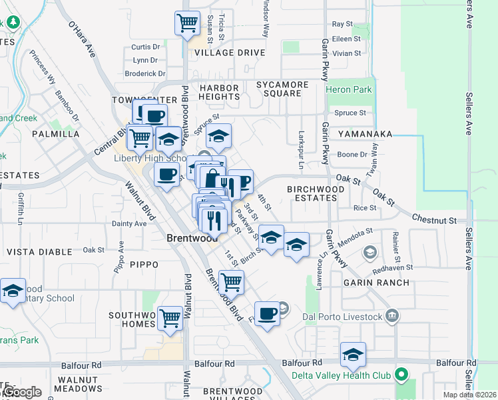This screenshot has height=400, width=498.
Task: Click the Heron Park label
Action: coord(349,89)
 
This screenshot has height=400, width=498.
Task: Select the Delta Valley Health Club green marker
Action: coord(401,375)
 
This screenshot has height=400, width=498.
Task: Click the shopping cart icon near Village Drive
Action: coord(188,23)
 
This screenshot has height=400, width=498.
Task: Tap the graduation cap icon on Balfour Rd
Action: coord(354,355)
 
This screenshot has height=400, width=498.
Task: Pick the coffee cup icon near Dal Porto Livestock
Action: coord(267,313)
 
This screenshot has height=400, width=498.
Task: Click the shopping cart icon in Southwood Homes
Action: coord(170,318)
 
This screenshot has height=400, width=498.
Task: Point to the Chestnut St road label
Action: coord(434,219)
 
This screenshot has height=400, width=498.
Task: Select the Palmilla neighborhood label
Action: coord(55,134)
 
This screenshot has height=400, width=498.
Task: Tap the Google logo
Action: coord(23,392)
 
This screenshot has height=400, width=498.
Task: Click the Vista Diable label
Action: coord(39,252)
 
